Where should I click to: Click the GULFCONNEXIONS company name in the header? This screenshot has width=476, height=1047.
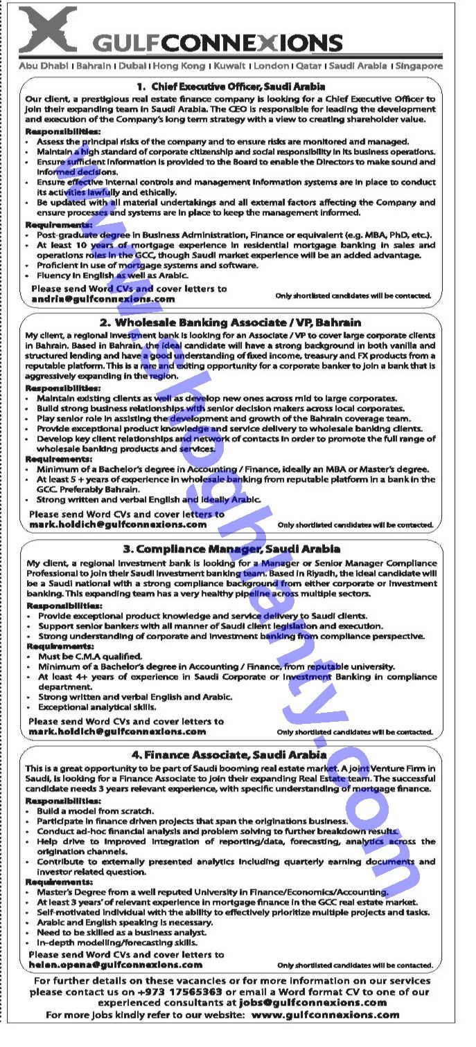tap(218, 44)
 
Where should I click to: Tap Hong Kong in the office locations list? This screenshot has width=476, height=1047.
tap(178, 66)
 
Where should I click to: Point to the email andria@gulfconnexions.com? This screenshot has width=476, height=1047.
tap(103, 299)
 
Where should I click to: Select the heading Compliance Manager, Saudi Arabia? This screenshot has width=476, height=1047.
tap(231, 549)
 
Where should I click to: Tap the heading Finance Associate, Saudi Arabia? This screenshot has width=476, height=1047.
tap(229, 754)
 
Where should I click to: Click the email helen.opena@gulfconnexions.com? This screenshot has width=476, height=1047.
tap(116, 964)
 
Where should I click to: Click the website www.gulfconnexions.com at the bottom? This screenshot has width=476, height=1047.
tap(325, 1014)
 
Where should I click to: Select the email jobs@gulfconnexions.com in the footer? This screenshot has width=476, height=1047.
tap(312, 1002)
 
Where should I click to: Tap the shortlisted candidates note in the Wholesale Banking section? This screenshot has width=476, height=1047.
tap(355, 525)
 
